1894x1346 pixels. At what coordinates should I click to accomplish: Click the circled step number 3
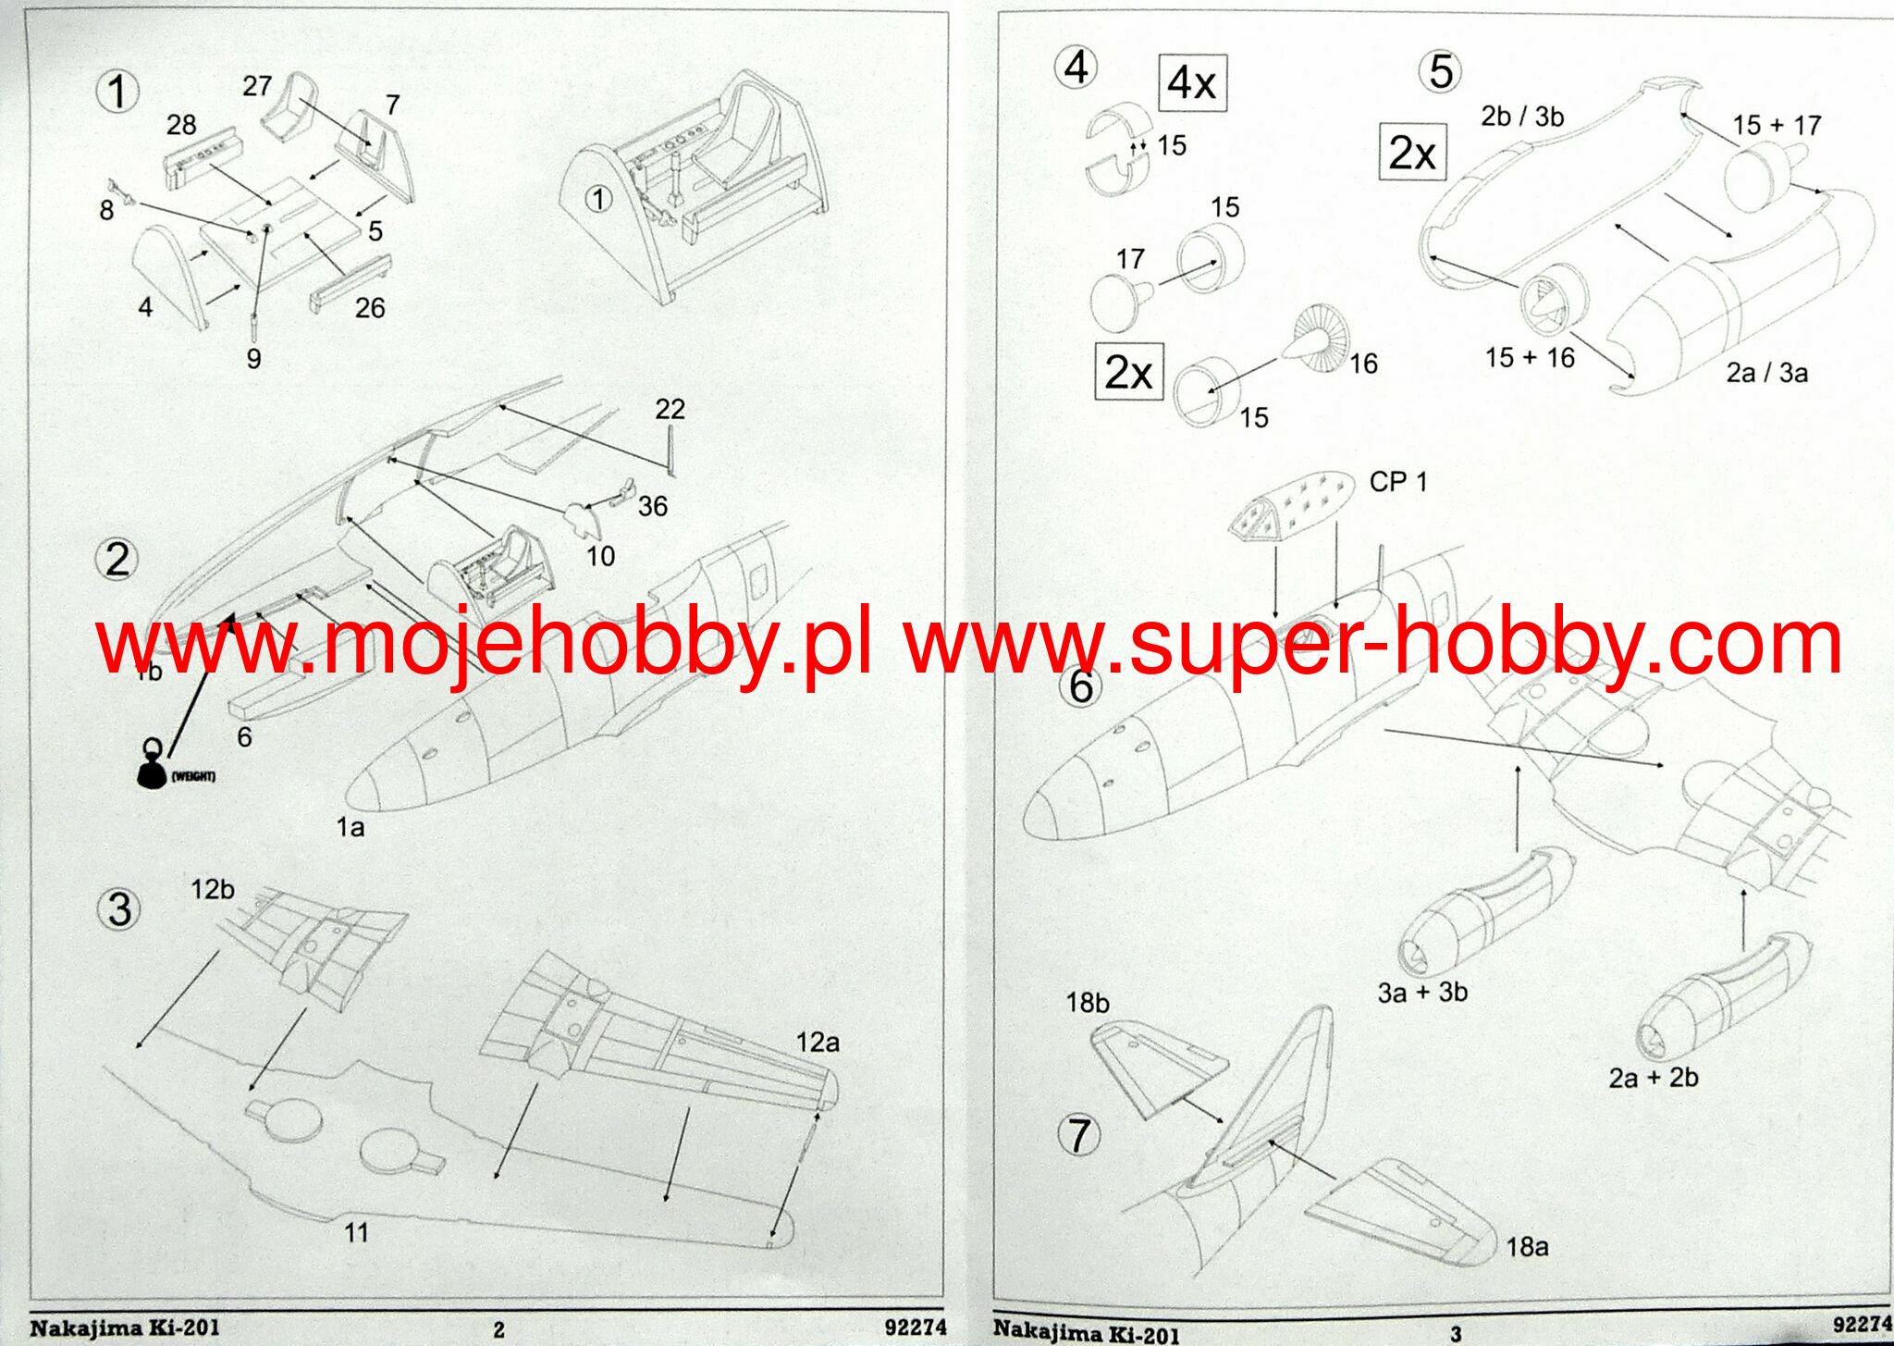(x=119, y=909)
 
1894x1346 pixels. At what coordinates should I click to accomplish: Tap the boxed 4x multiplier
(x=1192, y=83)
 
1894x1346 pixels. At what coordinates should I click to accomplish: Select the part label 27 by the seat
(x=257, y=86)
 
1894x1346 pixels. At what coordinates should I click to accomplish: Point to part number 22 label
(x=670, y=409)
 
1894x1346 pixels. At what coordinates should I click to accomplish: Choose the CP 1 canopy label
(x=1397, y=482)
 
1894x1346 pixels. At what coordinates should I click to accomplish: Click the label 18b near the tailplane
(x=1087, y=1003)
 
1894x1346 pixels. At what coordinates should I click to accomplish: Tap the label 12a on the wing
(x=818, y=1043)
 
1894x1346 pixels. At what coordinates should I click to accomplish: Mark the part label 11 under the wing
(x=356, y=1232)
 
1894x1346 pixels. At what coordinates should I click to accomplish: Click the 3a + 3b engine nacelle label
(x=1422, y=993)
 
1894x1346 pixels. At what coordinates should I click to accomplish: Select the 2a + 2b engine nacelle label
(x=1654, y=1078)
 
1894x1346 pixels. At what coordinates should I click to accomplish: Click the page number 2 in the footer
(x=498, y=1329)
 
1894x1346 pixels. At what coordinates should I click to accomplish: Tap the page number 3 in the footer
(x=1456, y=1333)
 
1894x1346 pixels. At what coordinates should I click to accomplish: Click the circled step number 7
(x=1079, y=1135)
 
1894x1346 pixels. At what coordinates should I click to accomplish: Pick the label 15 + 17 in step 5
(x=1777, y=125)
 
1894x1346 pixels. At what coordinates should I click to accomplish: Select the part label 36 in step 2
(x=652, y=506)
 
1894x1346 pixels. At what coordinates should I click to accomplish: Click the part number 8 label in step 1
(x=106, y=211)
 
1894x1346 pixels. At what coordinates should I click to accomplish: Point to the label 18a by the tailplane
(x=1527, y=1247)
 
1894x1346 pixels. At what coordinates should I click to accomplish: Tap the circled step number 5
(x=1441, y=72)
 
